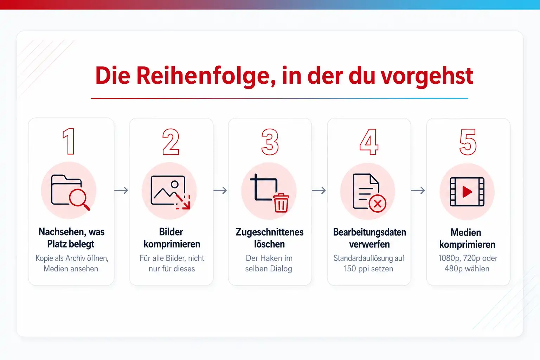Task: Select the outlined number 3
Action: coord(270,142)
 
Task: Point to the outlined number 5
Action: coord(468,142)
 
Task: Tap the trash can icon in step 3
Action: coord(281,203)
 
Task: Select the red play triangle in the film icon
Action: coord(467,192)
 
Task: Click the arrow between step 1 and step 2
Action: coord(121,190)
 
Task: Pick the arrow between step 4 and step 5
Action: coord(418,190)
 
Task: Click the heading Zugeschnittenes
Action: coord(270,232)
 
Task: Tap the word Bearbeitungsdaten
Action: coord(369,232)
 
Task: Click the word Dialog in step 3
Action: coord(281,269)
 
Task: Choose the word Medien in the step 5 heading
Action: coord(466,232)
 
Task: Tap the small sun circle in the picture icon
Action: coord(174,185)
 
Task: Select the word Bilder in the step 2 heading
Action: coord(171,232)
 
